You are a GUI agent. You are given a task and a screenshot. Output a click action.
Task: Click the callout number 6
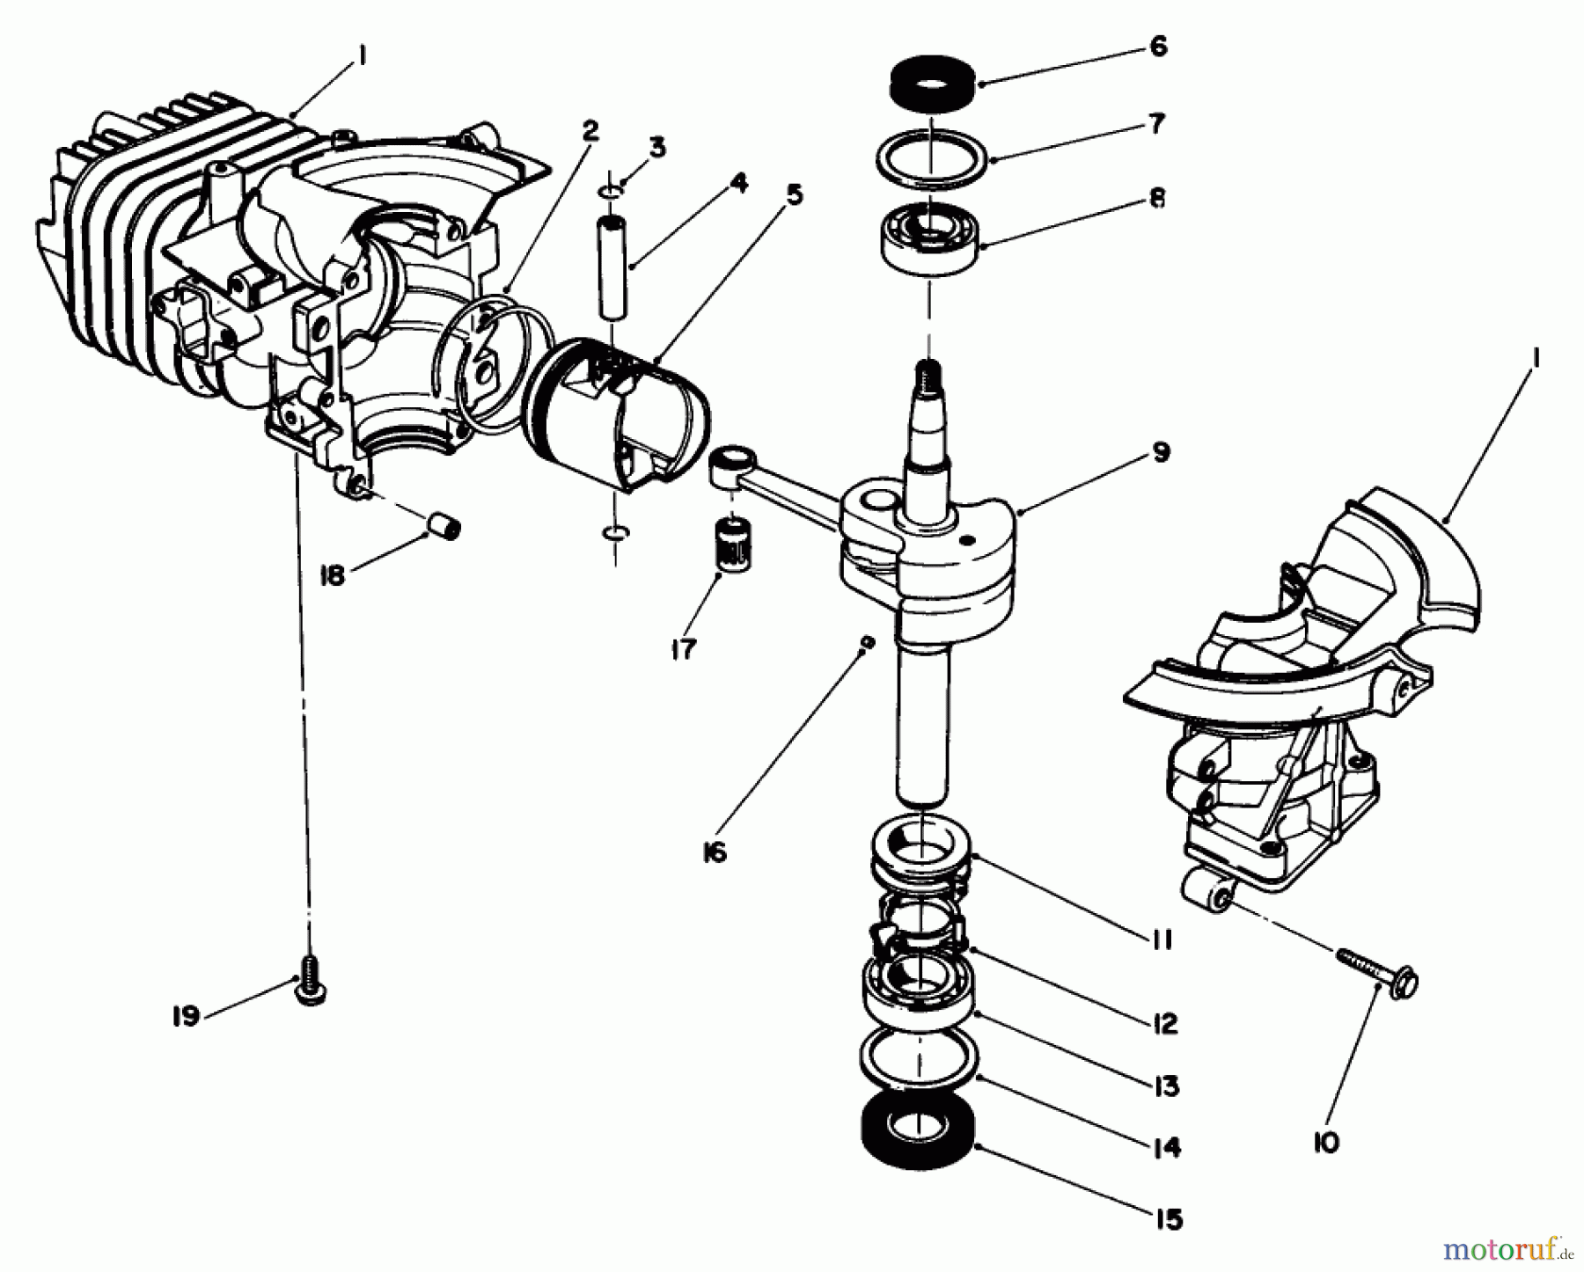pyautogui.click(x=1158, y=46)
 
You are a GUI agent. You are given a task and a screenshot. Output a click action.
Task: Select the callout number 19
pyautogui.click(x=186, y=1017)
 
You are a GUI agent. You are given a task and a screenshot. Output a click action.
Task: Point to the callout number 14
pyautogui.click(x=1167, y=1148)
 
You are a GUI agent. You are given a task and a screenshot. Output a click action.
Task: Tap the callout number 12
pyautogui.click(x=1162, y=1023)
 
